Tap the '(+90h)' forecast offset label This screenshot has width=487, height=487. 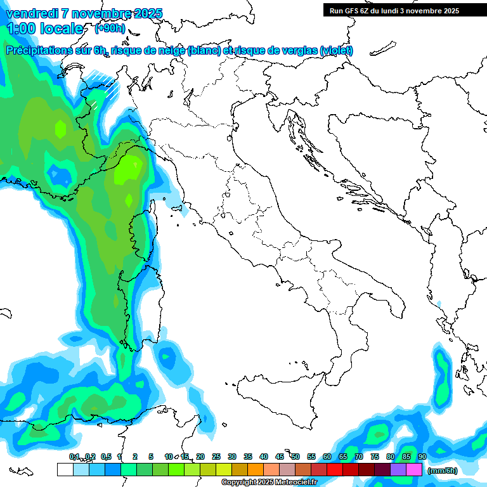110,29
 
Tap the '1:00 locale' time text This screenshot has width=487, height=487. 45,29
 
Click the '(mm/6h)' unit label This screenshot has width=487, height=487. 443,471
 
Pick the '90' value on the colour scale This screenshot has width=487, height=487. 422,457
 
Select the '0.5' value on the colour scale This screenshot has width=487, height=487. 105,457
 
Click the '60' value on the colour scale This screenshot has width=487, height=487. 327,457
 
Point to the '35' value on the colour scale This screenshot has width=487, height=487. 248,457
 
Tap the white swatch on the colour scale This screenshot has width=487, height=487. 65,470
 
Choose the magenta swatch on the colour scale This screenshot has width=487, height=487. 414,470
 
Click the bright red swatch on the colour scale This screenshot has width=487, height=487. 335,470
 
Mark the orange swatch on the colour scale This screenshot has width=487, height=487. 256,470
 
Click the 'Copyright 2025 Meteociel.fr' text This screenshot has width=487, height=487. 269,483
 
